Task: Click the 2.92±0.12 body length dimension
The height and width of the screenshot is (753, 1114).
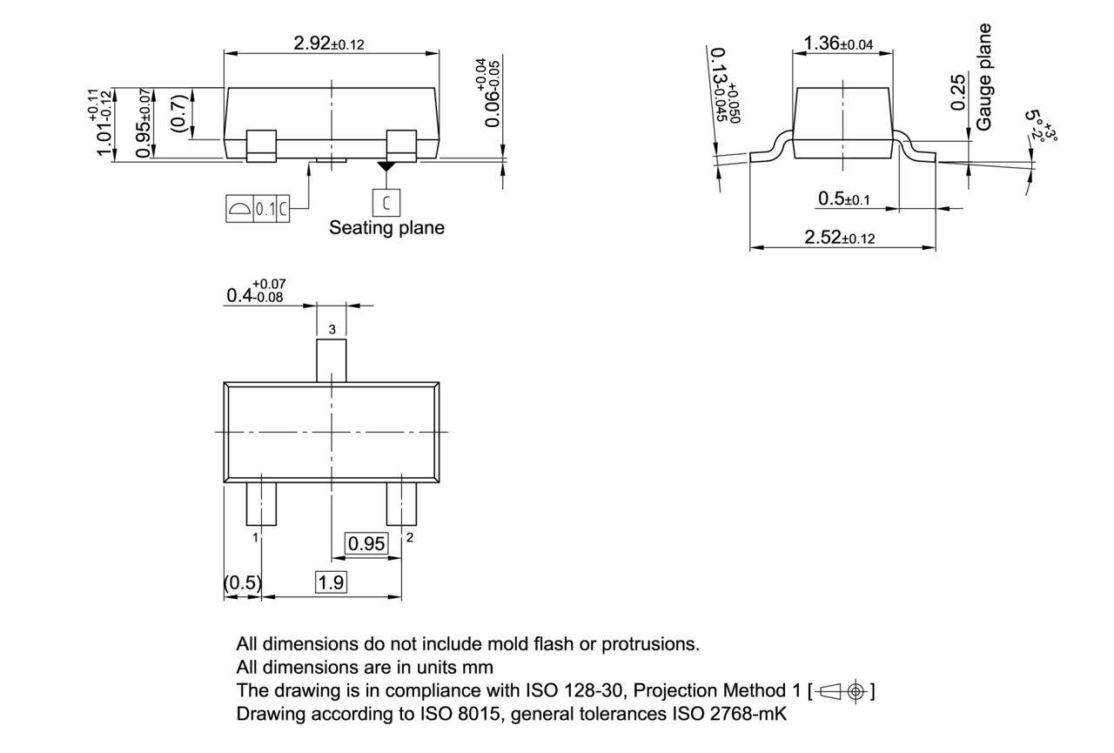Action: (x=329, y=44)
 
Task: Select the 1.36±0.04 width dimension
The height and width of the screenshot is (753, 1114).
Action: (x=838, y=43)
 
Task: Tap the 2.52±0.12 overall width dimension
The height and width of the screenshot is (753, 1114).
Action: (x=840, y=237)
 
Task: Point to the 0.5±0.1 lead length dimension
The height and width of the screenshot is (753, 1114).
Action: (x=843, y=199)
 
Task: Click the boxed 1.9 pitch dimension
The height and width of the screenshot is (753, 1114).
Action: (x=331, y=582)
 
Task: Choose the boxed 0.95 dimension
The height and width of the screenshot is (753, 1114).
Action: (x=366, y=544)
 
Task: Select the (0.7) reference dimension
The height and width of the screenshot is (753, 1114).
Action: (x=177, y=113)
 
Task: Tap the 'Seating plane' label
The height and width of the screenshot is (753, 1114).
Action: (x=386, y=228)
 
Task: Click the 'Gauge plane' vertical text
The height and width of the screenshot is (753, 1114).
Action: (x=984, y=77)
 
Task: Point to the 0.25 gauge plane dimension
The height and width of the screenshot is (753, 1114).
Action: (x=957, y=92)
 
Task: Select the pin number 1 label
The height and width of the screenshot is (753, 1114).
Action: (x=255, y=538)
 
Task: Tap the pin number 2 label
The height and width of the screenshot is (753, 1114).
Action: (x=409, y=537)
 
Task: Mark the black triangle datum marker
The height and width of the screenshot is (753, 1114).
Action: (x=386, y=165)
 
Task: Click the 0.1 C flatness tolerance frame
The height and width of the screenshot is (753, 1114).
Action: (x=256, y=209)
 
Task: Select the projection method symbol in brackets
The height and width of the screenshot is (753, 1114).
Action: (x=842, y=691)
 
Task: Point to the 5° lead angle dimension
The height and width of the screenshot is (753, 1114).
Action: (x=1038, y=127)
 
